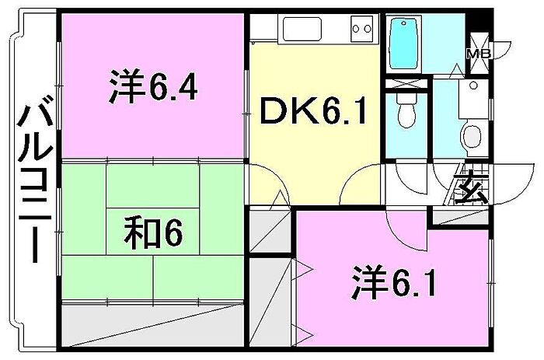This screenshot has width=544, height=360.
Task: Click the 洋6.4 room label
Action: [x=152, y=88]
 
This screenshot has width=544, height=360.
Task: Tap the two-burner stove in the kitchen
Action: [x=361, y=29]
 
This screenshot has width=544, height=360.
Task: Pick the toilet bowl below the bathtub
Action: [x=406, y=114]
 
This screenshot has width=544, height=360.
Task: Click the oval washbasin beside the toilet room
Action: [x=472, y=136]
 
